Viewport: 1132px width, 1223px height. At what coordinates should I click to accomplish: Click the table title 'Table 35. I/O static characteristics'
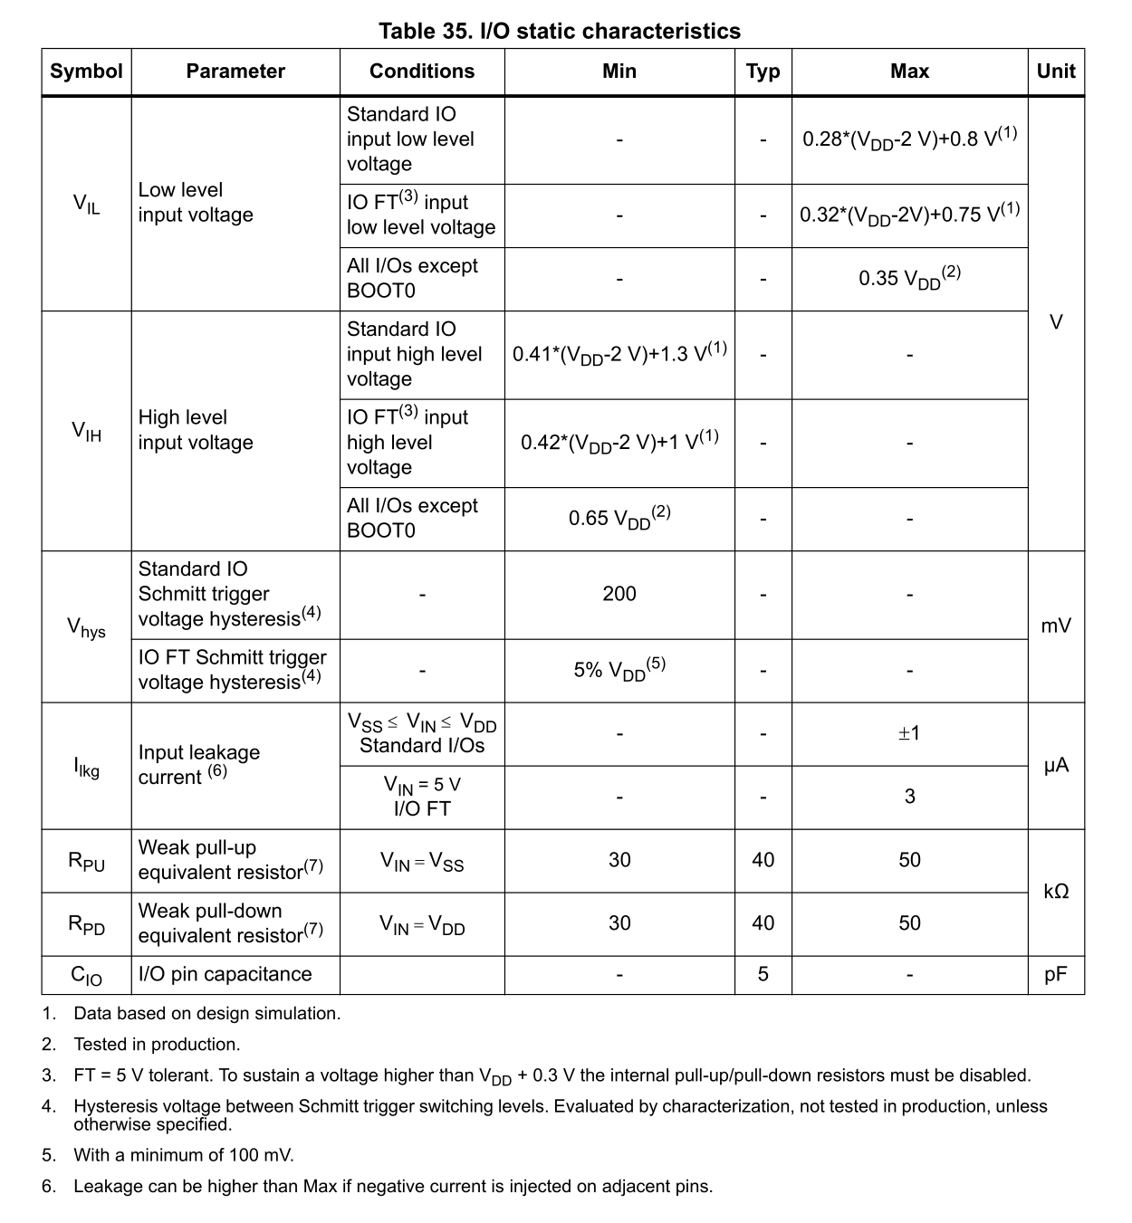(559, 32)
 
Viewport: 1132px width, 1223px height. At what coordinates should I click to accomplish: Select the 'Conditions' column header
(421, 72)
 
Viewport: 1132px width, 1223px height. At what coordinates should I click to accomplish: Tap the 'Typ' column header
(763, 72)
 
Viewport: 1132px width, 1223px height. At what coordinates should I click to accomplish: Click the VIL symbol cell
(86, 204)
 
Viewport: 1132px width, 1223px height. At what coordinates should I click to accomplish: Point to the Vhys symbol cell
(86, 626)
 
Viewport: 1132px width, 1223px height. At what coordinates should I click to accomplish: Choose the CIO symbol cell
(86, 975)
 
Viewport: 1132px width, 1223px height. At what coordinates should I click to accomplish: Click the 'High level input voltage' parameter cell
(196, 430)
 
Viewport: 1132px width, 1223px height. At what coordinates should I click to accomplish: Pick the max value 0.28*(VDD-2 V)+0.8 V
(909, 139)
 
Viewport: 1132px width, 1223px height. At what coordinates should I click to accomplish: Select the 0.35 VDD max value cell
(909, 278)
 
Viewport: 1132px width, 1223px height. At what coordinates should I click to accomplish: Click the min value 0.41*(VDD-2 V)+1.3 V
(619, 353)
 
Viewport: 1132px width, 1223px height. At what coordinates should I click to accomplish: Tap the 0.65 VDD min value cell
(619, 519)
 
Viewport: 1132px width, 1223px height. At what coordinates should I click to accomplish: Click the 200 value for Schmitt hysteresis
(619, 594)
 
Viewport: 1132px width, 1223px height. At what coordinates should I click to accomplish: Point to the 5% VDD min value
(619, 670)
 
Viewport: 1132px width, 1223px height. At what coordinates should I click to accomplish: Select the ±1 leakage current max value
(909, 733)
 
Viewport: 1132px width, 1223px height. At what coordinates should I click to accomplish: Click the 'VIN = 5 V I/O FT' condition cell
(422, 797)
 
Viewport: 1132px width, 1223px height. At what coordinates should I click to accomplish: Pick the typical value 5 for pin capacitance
(763, 974)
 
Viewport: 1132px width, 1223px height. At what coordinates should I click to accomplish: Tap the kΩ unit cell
(1056, 892)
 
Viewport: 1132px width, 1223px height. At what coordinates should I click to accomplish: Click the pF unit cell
(1056, 974)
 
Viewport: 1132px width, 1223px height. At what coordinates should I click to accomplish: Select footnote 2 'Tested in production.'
(157, 1045)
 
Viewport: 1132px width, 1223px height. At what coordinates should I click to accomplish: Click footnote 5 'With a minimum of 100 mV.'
(184, 1155)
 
